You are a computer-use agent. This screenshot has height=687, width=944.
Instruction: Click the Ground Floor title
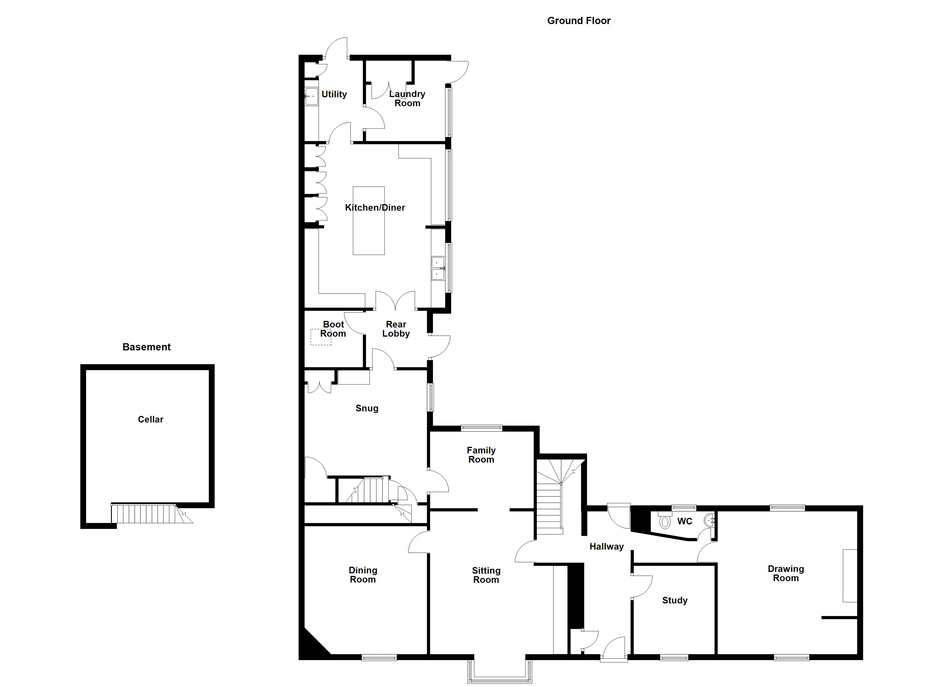click(578, 21)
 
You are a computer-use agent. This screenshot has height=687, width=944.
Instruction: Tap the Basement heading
click(146, 347)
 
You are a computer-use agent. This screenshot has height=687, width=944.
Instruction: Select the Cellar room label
click(151, 420)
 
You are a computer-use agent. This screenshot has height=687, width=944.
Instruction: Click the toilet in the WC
click(665, 522)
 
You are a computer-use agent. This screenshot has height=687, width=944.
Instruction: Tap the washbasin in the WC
click(709, 520)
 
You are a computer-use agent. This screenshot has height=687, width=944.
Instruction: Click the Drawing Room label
click(786, 573)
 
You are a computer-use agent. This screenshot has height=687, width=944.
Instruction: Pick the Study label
click(675, 600)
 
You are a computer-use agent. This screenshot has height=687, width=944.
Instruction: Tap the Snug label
click(367, 408)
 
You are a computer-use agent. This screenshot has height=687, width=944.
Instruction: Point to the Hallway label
click(606, 547)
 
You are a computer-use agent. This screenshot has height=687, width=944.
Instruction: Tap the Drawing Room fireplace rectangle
click(850, 576)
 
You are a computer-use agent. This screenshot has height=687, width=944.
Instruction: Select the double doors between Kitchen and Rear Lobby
click(395, 302)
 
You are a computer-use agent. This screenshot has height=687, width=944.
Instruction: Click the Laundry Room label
click(407, 99)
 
